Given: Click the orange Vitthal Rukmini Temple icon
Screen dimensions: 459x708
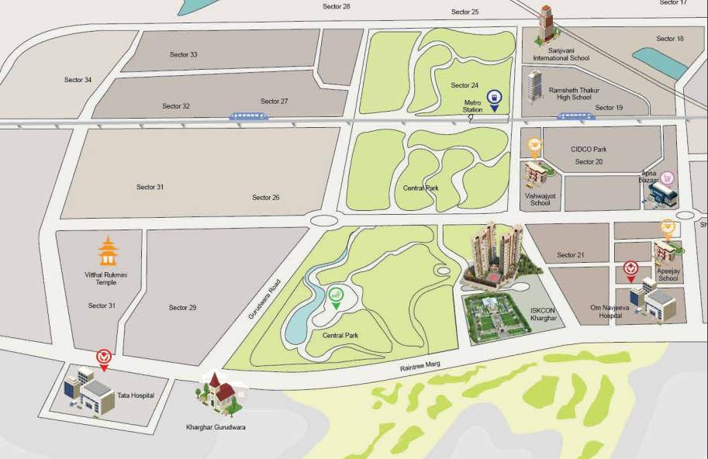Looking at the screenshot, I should coord(107,250).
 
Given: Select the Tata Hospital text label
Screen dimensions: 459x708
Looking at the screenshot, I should coord(135,395).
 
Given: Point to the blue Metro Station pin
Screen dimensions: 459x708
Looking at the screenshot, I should coord(492,99).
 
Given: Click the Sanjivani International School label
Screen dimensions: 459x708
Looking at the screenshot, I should coord(561,54).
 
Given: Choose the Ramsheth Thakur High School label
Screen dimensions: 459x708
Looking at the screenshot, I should coord(569,94).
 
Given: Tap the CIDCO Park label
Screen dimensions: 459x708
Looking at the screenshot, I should coord(589,149).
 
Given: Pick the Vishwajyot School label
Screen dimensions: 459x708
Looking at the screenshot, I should coord(540,199).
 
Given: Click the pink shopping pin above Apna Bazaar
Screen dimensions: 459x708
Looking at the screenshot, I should coord(665,178).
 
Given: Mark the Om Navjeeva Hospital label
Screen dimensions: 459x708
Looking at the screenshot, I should coord(607,312).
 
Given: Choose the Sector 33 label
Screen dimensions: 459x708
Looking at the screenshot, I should coord(184,54).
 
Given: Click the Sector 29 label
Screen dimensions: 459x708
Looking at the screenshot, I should coord(183,308).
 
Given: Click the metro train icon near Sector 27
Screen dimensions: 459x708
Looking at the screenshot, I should coord(249,116).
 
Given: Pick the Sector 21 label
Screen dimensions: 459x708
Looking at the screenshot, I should coord(570,254).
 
